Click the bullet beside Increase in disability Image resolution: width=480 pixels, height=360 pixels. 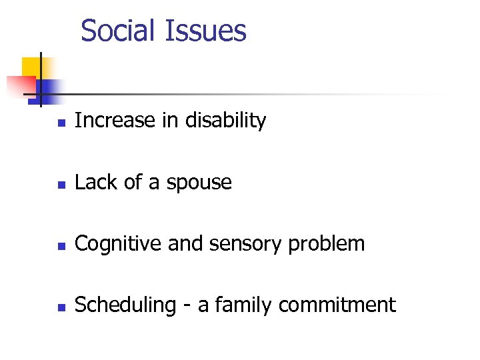(61, 123)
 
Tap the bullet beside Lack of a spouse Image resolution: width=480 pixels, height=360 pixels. (61, 184)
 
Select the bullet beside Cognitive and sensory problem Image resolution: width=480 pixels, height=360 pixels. (61, 245)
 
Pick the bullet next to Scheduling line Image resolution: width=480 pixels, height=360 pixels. (61, 307)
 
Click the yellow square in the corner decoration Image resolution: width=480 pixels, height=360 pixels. (31, 67)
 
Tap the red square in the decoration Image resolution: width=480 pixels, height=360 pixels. (20, 85)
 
